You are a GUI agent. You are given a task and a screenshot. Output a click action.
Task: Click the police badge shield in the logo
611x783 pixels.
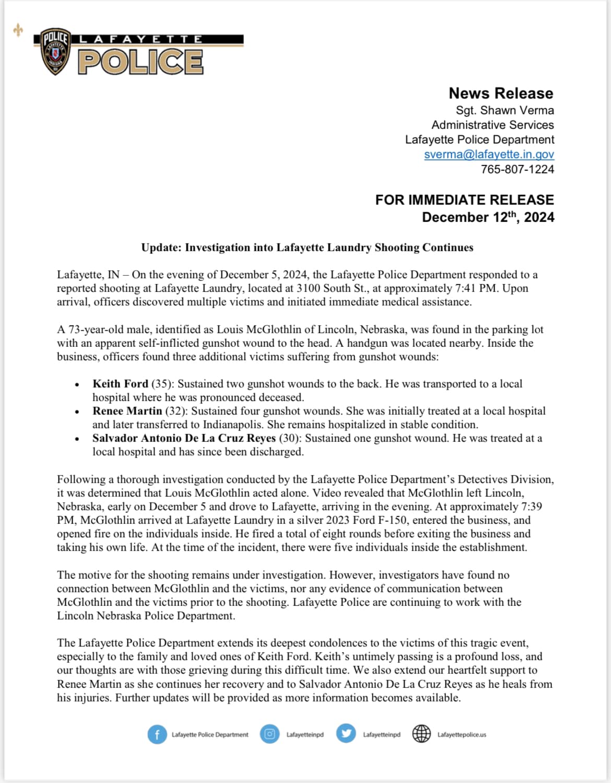(55, 51)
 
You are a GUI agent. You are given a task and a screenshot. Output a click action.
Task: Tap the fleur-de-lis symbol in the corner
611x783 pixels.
(18, 30)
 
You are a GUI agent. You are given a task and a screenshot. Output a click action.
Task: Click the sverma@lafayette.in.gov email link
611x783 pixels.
(489, 154)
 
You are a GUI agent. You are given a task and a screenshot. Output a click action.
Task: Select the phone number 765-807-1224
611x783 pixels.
(517, 169)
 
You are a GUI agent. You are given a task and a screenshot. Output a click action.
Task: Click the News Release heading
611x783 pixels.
(500, 93)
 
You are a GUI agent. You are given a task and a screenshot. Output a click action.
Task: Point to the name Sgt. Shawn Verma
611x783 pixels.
(504, 110)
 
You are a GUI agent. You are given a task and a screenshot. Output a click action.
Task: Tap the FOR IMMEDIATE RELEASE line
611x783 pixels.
(464, 200)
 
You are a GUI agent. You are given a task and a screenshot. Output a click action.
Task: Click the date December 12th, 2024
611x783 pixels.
(488, 217)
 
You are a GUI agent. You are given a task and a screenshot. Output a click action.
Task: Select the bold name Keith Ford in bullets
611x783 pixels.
(120, 384)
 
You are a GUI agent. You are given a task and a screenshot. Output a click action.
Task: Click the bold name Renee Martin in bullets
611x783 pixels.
(127, 411)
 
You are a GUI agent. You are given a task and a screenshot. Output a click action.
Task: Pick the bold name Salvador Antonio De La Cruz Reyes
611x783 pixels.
(184, 438)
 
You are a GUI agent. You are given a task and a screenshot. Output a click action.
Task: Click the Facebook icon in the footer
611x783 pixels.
(157, 734)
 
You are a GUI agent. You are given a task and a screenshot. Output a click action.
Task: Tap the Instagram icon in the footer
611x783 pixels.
(269, 734)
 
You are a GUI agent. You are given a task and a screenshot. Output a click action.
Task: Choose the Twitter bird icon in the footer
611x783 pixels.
(346, 734)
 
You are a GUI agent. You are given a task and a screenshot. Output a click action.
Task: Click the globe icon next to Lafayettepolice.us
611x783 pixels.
(421, 734)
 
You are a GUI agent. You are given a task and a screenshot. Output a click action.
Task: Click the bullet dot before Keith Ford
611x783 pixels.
(77, 384)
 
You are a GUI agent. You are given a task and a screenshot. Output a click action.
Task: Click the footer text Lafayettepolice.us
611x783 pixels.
(462, 734)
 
